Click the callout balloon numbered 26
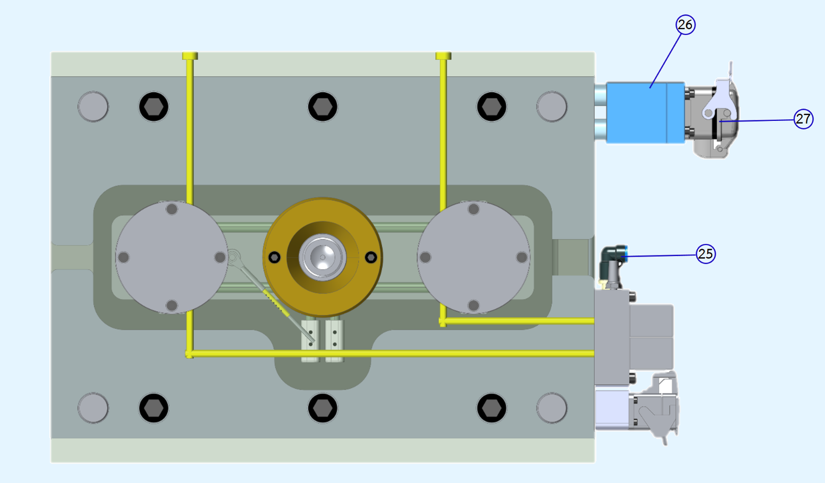(x=685, y=25)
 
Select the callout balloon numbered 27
(x=803, y=119)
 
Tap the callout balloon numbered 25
(x=706, y=254)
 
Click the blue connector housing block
(x=645, y=112)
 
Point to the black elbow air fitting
(x=613, y=260)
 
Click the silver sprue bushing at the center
(x=323, y=257)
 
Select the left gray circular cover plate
(x=171, y=257)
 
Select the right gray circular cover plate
(x=473, y=257)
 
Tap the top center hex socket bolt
(x=323, y=107)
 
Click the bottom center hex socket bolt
(x=323, y=408)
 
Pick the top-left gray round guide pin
(x=93, y=107)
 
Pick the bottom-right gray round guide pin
(x=552, y=408)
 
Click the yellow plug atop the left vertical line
(x=190, y=56)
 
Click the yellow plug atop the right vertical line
(x=444, y=56)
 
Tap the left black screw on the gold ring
(x=274, y=257)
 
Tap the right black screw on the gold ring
(x=371, y=257)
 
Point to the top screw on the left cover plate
(x=171, y=209)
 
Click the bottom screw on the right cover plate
(x=473, y=305)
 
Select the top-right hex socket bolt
(x=491, y=107)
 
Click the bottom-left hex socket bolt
(x=154, y=408)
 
